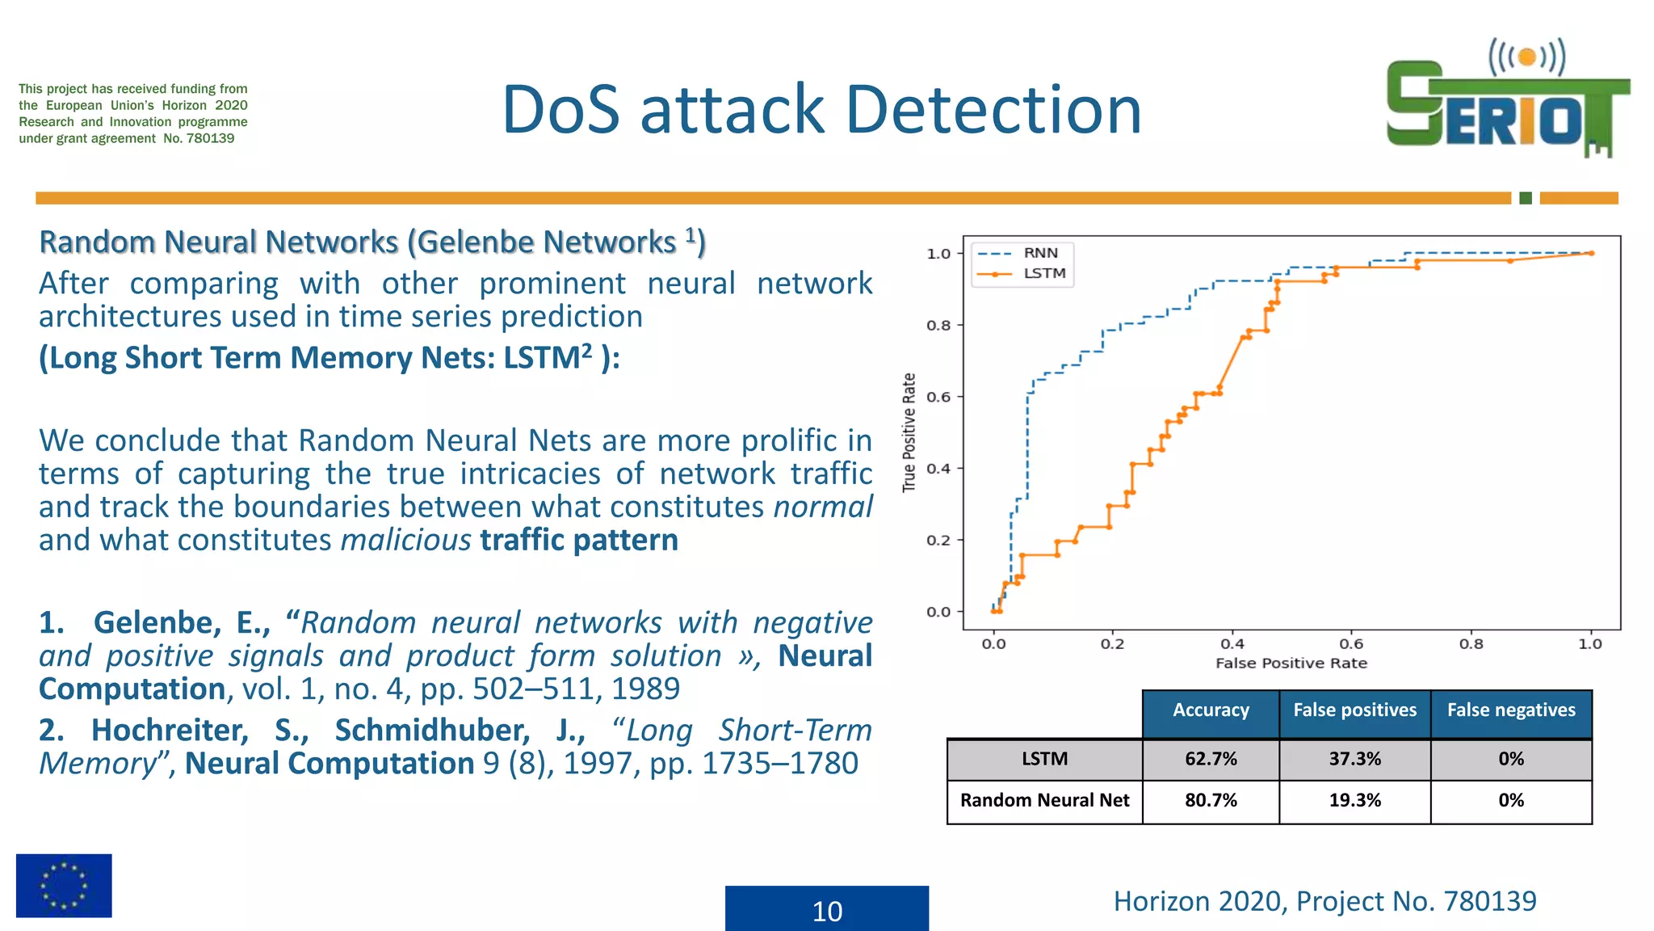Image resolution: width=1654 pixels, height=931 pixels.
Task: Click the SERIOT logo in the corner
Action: [1507, 100]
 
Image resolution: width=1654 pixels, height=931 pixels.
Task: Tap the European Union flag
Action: [64, 885]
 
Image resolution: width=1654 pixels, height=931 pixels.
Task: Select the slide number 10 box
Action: [826, 909]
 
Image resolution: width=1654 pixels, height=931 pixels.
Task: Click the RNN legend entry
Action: [1040, 253]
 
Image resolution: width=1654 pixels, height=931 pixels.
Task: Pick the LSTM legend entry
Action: [1044, 273]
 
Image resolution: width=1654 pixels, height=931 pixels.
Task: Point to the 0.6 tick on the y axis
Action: [938, 397]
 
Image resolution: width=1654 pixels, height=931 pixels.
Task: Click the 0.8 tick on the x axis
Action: [1471, 644]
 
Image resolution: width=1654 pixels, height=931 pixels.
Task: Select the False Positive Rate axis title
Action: [1291, 663]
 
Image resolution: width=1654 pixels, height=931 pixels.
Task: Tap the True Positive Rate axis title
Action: [909, 432]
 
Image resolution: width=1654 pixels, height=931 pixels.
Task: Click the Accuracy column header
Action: [1210, 710]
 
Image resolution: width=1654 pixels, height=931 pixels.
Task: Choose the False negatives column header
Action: [1510, 710]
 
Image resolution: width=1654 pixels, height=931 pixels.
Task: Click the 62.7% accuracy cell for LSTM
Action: [1210, 759]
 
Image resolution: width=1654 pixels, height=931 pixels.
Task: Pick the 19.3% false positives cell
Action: [1354, 800]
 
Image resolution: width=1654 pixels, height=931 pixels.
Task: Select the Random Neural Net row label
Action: [1044, 800]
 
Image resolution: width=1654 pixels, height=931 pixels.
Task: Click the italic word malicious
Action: [405, 540]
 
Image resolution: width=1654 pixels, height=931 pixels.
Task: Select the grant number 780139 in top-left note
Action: [210, 138]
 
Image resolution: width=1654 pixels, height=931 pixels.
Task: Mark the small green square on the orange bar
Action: [1525, 198]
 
